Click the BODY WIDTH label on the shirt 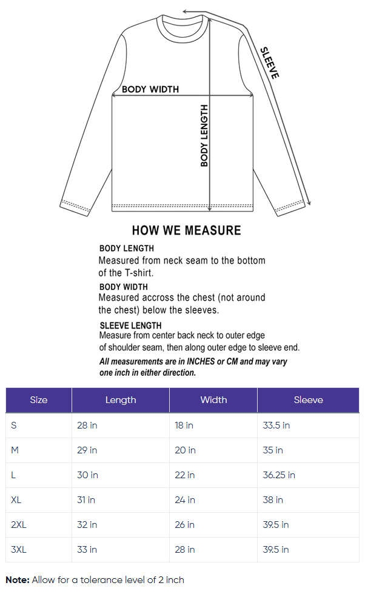click(150, 89)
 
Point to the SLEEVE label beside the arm click(270, 63)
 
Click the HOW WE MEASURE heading click(186, 230)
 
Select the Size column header click(38, 400)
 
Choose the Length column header click(120, 400)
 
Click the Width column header click(213, 400)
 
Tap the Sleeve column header click(308, 400)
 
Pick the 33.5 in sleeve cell click(276, 425)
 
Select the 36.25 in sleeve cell click(279, 475)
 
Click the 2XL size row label click(19, 525)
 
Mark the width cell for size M click(185, 450)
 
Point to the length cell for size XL click(86, 500)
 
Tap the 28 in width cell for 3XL click(185, 550)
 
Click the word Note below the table click(17, 580)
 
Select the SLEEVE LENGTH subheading click(130, 325)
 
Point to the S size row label click(14, 425)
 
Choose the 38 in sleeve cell click(273, 500)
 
